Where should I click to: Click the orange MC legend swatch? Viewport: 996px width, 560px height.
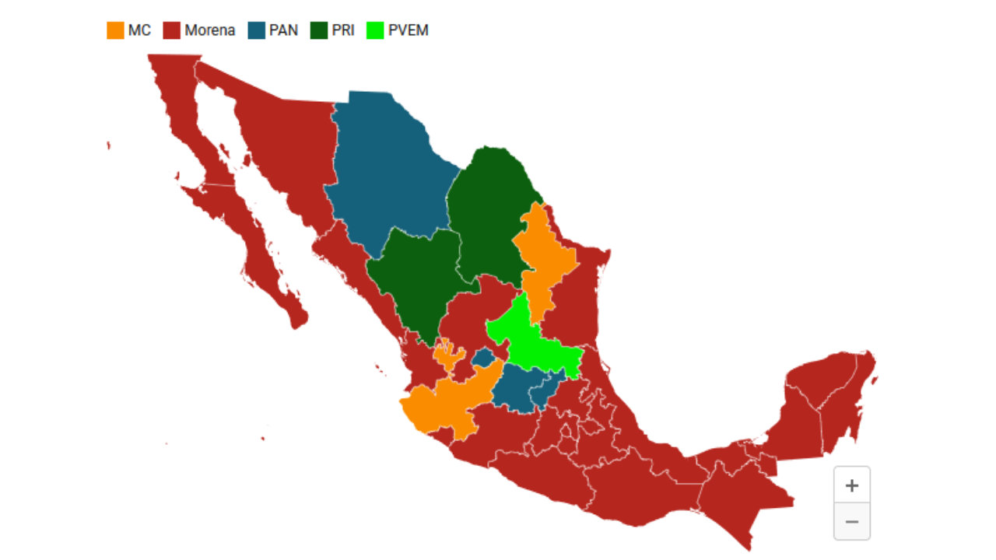point(115,30)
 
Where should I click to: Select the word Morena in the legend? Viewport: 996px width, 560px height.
point(209,30)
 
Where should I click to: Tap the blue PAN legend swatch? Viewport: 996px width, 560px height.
point(257,30)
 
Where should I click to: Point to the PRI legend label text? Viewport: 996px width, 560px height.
point(342,30)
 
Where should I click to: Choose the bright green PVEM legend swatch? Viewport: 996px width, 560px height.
point(375,30)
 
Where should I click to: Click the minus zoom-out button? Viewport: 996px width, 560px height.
point(851,521)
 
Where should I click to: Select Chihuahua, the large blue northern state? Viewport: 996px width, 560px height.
point(385,171)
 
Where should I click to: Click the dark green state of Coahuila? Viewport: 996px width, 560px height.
point(490,210)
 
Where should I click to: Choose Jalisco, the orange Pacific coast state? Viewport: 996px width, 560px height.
point(444,404)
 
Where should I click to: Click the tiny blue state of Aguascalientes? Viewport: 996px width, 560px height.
point(483,359)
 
